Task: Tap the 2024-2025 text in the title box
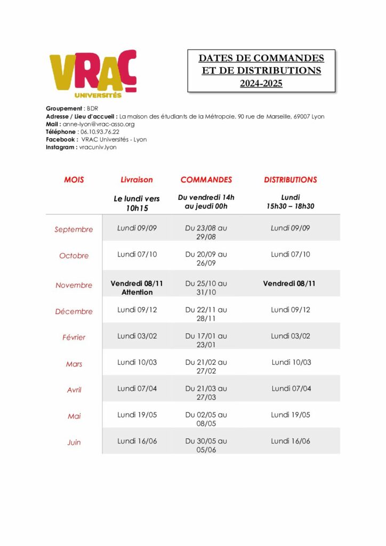[261, 83]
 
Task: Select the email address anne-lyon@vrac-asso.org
[100, 124]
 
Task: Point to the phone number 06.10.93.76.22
[99, 132]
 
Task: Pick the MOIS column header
[74, 180]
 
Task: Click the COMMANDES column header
[206, 180]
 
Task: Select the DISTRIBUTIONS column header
[290, 180]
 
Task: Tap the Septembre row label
[74, 230]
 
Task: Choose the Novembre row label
[74, 285]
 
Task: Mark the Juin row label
[74, 443]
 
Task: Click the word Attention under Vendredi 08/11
[137, 292]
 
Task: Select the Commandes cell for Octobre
[206, 259]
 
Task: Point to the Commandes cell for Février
[206, 340]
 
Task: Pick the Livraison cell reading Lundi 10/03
[137, 363]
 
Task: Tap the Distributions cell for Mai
[290, 415]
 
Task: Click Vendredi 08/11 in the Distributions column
[289, 284]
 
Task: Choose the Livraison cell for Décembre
[137, 310]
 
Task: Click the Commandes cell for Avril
[206, 392]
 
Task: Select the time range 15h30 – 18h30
[290, 206]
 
